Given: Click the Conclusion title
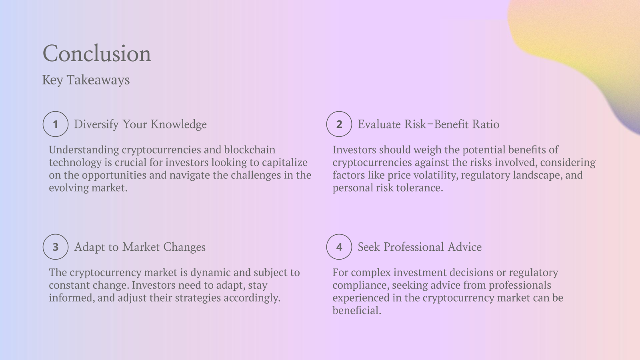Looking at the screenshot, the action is pyautogui.click(x=96, y=54).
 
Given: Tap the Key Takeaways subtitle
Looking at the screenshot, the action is pyautogui.click(x=86, y=80).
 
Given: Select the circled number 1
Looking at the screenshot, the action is pyautogui.click(x=56, y=124).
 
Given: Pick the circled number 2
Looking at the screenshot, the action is pyautogui.click(x=339, y=124).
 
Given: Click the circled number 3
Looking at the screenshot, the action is pyautogui.click(x=56, y=247).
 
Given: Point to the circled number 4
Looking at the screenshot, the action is pyautogui.click(x=339, y=247).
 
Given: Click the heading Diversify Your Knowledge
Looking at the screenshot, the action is pyautogui.click(x=140, y=124).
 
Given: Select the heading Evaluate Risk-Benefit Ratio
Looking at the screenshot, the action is pyautogui.click(x=428, y=124).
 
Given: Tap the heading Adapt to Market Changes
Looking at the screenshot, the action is pyautogui.click(x=140, y=247).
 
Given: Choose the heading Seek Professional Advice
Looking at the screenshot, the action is pyautogui.click(x=420, y=247).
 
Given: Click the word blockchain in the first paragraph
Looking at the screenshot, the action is pyautogui.click(x=250, y=150).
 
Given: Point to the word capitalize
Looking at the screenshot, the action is pyautogui.click(x=284, y=163).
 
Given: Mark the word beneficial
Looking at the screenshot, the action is pyautogui.click(x=357, y=310).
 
